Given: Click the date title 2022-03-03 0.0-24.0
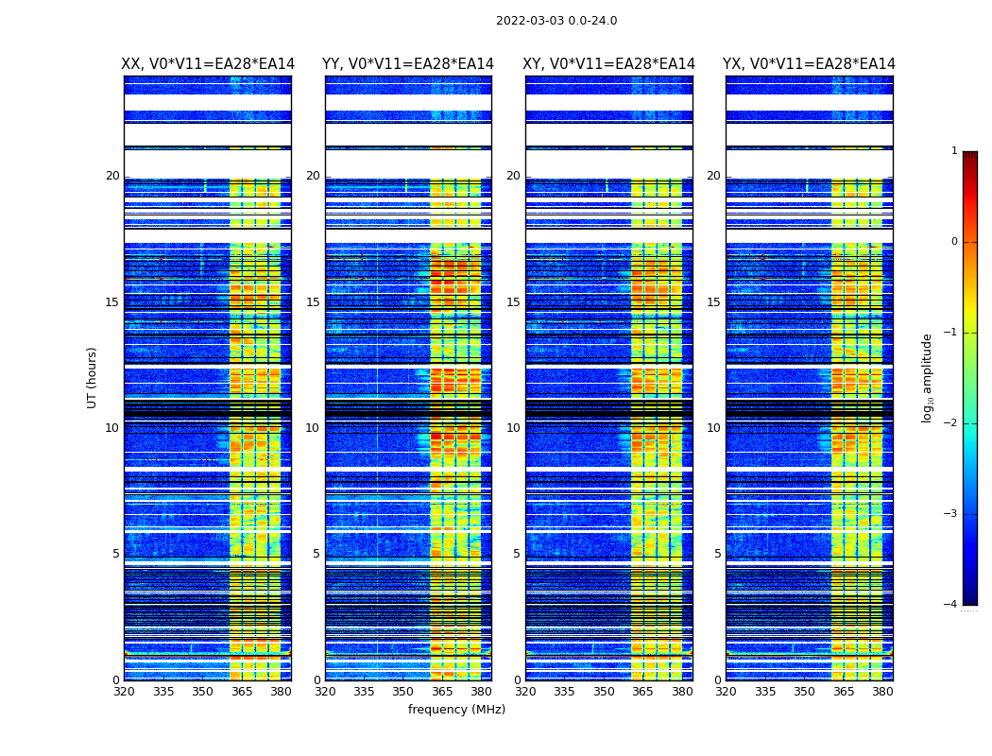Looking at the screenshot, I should coord(556,21).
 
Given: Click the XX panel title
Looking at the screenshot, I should coord(208,64).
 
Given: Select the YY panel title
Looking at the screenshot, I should coord(408,64).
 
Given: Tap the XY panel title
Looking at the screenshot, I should coord(609,64).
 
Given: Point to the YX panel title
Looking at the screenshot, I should coord(809,64).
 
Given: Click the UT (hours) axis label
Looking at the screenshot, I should coord(93,377).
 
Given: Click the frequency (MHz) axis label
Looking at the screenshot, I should coord(456,710).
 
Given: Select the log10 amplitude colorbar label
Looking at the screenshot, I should coord(928,377).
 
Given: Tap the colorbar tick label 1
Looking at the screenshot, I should coord(953,151).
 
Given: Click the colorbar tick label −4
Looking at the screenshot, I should coord(950,605).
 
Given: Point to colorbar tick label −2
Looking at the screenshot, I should coord(950,423).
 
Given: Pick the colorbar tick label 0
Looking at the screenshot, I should coord(953,242).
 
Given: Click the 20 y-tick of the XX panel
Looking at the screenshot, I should coord(112,176).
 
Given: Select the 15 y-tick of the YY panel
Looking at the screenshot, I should coord(313,302).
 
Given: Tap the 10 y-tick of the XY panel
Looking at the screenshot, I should coord(513,428).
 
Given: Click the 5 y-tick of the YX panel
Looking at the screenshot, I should coord(717,554).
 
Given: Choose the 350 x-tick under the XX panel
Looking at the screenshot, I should coord(202,692).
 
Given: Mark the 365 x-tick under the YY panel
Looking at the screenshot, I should coord(442,692).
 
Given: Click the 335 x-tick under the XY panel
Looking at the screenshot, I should coord(564,692).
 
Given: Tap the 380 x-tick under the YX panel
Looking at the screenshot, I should coord(882,692).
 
